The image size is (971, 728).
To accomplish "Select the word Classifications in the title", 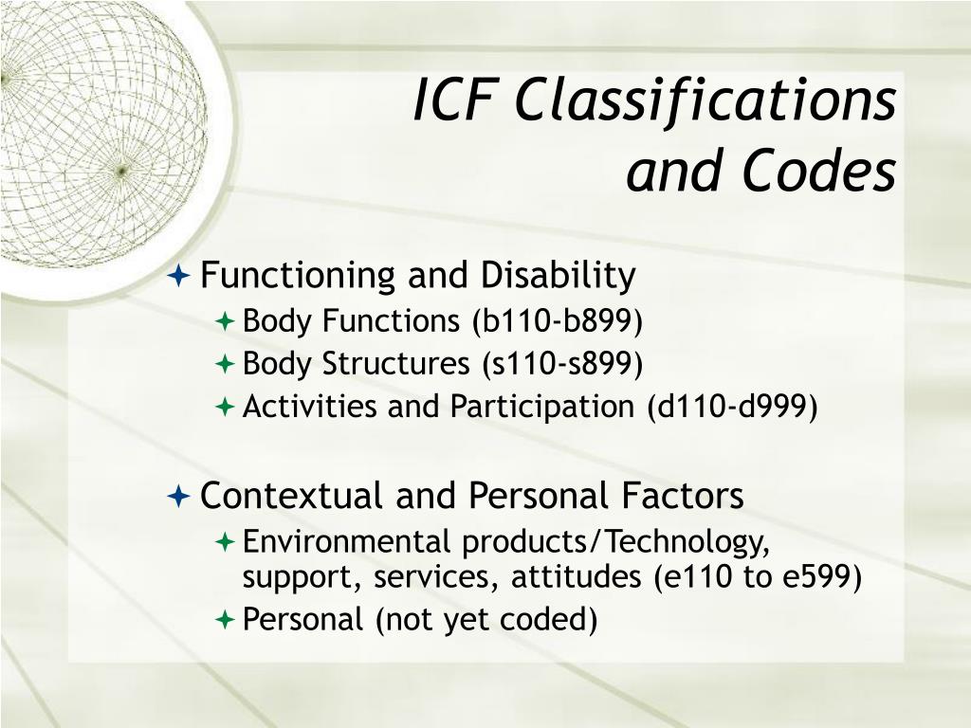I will point(705,100).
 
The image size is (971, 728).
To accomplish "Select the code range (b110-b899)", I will point(558,321).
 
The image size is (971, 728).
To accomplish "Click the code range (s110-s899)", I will point(557,363).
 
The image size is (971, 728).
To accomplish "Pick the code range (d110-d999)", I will point(732,406).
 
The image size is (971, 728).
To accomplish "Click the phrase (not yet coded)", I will point(485,619).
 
